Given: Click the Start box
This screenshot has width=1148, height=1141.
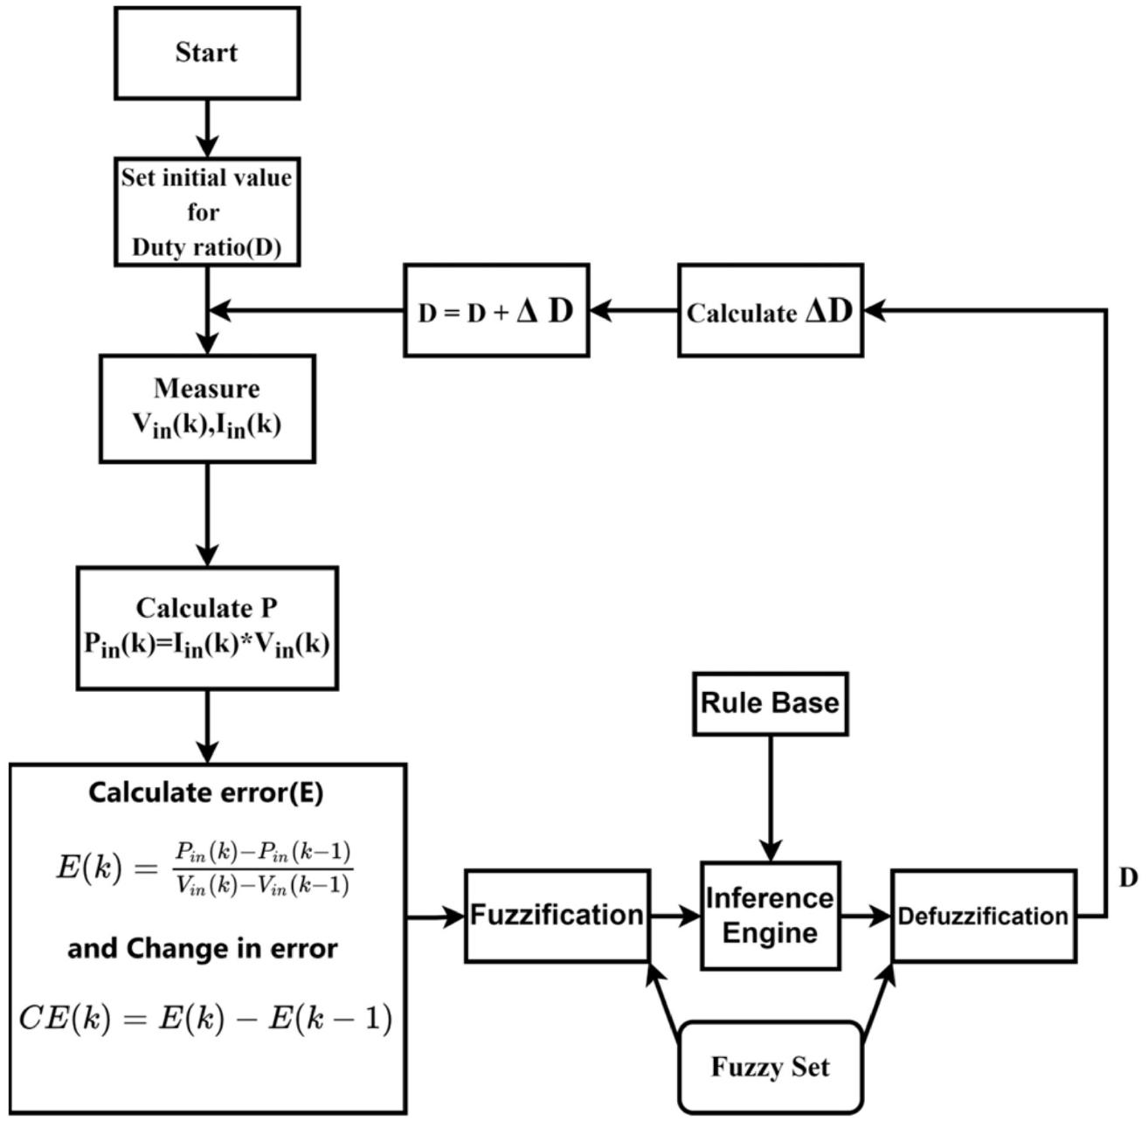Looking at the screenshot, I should [x=207, y=52].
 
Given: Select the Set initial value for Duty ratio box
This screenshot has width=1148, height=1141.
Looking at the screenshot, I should [x=207, y=212].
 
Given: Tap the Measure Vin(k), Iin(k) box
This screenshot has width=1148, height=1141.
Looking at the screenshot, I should [x=207, y=407].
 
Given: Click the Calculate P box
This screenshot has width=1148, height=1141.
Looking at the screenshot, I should [x=207, y=627].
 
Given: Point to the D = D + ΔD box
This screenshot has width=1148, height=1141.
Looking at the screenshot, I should [x=496, y=310].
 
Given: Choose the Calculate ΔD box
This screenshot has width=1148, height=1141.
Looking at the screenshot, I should [x=771, y=310].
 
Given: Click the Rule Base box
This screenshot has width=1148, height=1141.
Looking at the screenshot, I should [x=770, y=703].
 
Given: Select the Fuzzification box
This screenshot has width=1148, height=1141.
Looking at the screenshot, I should [x=557, y=916].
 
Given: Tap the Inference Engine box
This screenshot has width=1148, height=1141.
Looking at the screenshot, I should [x=770, y=916].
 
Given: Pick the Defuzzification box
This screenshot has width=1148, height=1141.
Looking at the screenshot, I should [x=984, y=916].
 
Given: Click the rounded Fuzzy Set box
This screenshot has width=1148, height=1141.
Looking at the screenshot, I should [x=771, y=1067].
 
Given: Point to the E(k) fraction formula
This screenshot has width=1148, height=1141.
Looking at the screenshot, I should [x=204, y=868].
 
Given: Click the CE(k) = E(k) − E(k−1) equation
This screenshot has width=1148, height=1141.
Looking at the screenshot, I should [x=204, y=1019].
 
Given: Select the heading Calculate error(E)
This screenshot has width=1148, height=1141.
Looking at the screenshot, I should [x=206, y=792].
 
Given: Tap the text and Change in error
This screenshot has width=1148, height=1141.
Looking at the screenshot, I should [x=203, y=948].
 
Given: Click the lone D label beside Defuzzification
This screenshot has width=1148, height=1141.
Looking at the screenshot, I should [x=1129, y=879].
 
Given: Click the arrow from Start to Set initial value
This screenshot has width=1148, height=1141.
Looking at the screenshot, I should [x=207, y=128].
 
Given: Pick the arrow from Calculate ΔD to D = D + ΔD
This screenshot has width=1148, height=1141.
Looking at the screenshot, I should [x=634, y=310].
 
